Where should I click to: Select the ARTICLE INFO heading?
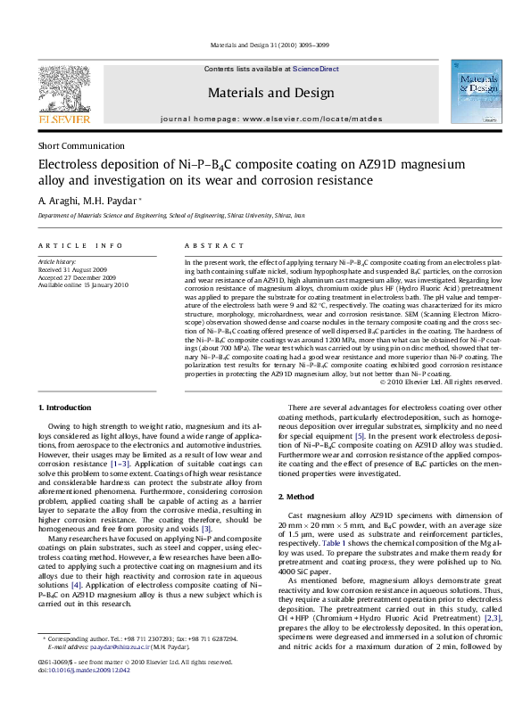(x=72, y=244)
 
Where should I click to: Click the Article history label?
(x=55, y=259)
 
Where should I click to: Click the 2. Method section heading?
(x=303, y=496)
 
